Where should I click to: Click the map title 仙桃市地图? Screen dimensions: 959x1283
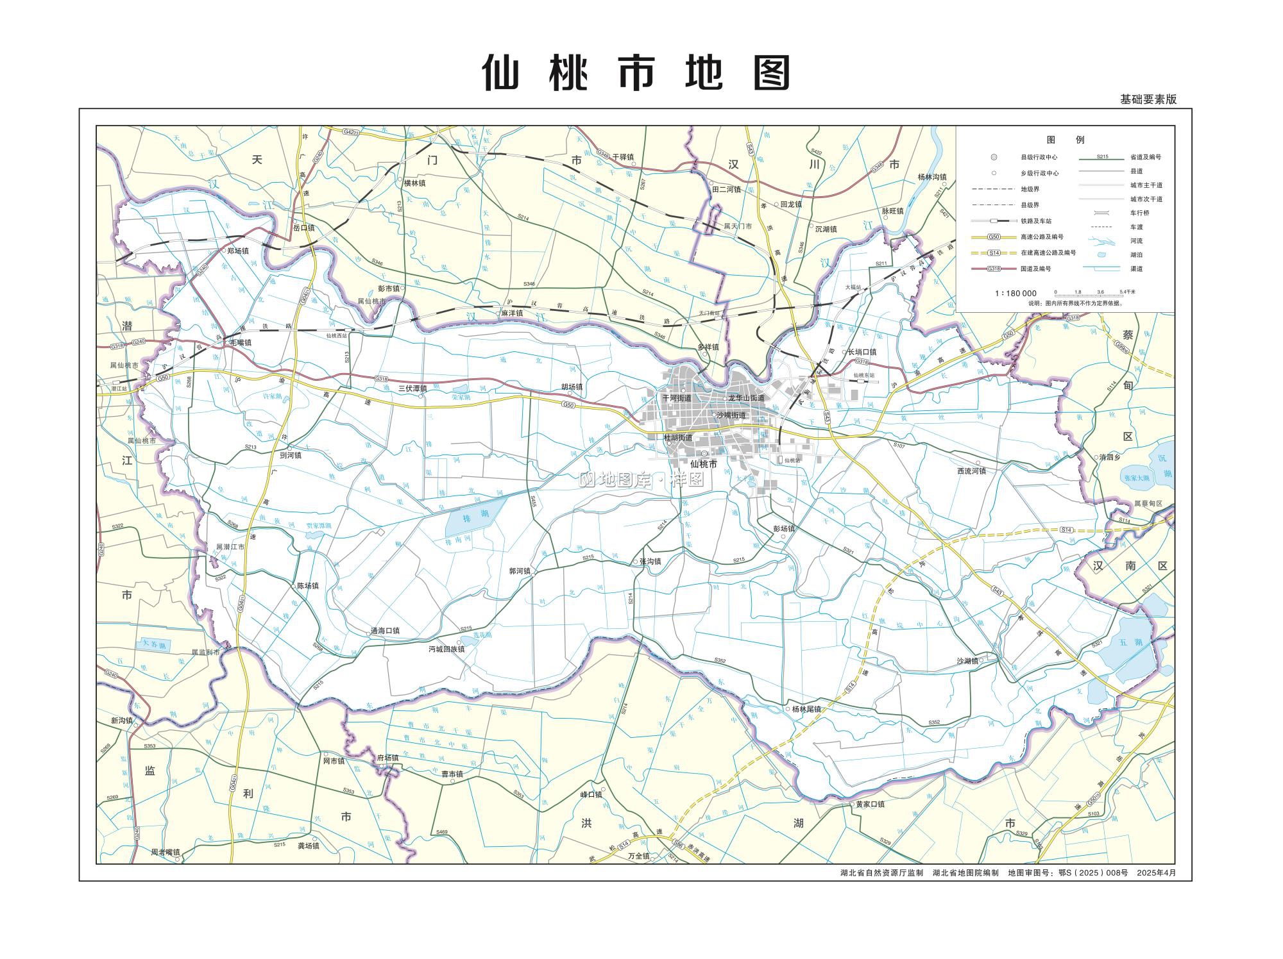pyautogui.click(x=636, y=72)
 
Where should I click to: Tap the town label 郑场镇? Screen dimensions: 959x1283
pyautogui.click(x=237, y=251)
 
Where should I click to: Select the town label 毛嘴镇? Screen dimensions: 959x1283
pyautogui.click(x=240, y=343)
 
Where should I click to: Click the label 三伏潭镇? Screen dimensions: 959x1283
pyautogui.click(x=412, y=388)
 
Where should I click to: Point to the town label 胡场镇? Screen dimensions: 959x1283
pyautogui.click(x=572, y=387)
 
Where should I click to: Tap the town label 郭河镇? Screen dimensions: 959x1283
pyautogui.click(x=520, y=571)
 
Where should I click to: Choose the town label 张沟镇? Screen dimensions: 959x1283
pyautogui.click(x=650, y=562)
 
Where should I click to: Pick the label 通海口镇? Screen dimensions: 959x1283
pyautogui.click(x=385, y=631)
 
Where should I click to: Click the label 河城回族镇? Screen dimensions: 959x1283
pyautogui.click(x=446, y=649)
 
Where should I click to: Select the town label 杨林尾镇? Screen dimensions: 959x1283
pyautogui.click(x=806, y=710)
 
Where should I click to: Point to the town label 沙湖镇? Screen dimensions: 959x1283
pyautogui.click(x=967, y=661)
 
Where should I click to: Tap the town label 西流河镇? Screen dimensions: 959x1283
pyautogui.click(x=971, y=471)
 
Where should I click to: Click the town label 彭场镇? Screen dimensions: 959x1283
pyautogui.click(x=784, y=529)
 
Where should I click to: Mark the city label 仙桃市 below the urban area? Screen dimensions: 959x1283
pyautogui.click(x=703, y=464)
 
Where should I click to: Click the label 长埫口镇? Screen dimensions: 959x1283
pyautogui.click(x=862, y=352)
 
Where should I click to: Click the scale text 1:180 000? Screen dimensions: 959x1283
pyautogui.click(x=1015, y=294)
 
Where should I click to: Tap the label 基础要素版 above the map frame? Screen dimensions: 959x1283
pyautogui.click(x=1148, y=99)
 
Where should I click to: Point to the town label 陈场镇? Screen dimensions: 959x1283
pyautogui.click(x=307, y=586)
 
